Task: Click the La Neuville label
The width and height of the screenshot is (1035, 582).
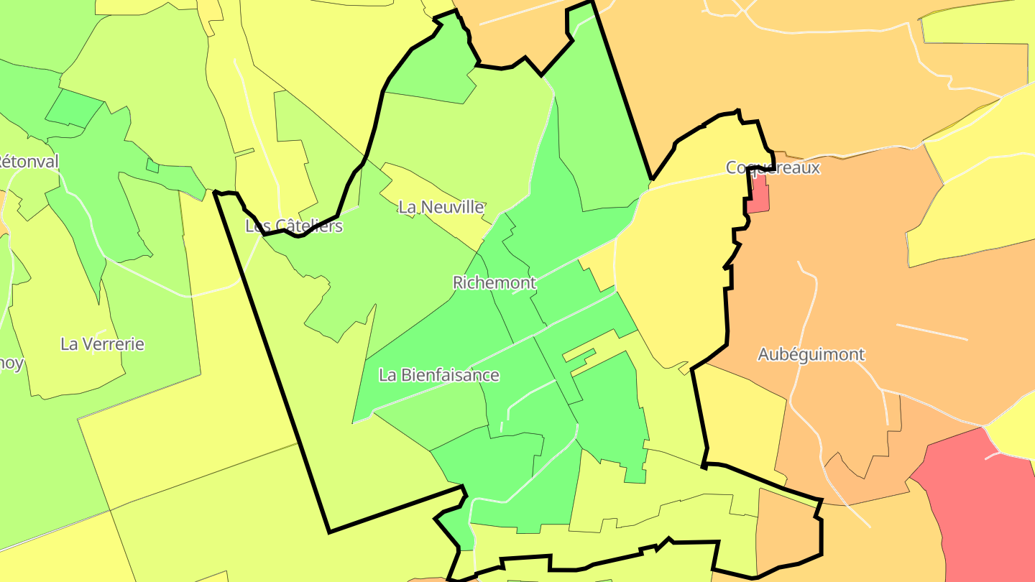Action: (x=442, y=208)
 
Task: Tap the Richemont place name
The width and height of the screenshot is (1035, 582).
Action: (x=494, y=282)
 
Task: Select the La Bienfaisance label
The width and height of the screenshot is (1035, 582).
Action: (x=438, y=375)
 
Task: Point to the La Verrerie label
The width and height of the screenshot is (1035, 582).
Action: (x=102, y=344)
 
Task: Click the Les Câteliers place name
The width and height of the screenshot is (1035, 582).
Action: (x=294, y=226)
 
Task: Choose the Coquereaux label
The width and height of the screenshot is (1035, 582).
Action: (x=773, y=168)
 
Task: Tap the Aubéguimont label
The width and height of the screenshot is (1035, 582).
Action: (x=811, y=354)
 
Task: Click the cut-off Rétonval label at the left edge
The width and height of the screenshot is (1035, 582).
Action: (x=29, y=162)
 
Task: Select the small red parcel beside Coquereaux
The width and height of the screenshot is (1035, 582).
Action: (x=758, y=195)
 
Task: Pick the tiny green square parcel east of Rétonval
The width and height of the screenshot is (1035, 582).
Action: (x=152, y=166)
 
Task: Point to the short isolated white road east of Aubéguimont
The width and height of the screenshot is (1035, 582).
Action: (x=931, y=332)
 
